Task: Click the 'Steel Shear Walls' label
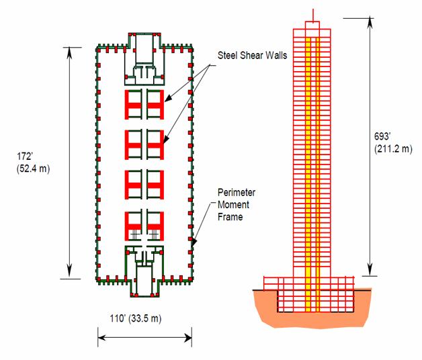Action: click(252, 56)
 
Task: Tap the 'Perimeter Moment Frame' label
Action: click(237, 204)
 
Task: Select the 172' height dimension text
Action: click(25, 156)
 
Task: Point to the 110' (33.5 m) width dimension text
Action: click(135, 318)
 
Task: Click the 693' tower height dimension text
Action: click(382, 136)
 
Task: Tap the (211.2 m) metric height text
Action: click(393, 149)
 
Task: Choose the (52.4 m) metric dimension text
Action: click(33, 169)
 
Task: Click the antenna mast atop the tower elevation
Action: click(312, 15)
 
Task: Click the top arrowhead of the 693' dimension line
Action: click(370, 22)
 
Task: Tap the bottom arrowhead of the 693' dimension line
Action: click(370, 271)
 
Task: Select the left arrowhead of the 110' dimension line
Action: click(101, 337)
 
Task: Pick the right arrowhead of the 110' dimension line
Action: click(187, 337)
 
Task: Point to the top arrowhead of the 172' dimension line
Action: click(70, 52)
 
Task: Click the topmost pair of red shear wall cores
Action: click(144, 104)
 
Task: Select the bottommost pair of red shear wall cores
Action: click(144, 226)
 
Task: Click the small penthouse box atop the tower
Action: click(312, 25)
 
